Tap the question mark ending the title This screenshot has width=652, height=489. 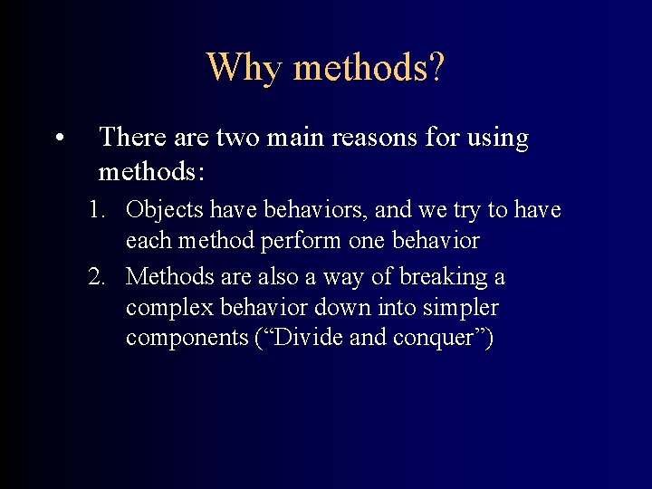point(436,67)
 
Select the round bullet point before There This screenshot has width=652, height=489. point(58,139)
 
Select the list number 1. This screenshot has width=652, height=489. point(96,210)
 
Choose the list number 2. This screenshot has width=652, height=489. point(96,276)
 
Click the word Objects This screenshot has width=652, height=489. point(166,210)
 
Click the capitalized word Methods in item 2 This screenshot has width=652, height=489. point(163,276)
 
